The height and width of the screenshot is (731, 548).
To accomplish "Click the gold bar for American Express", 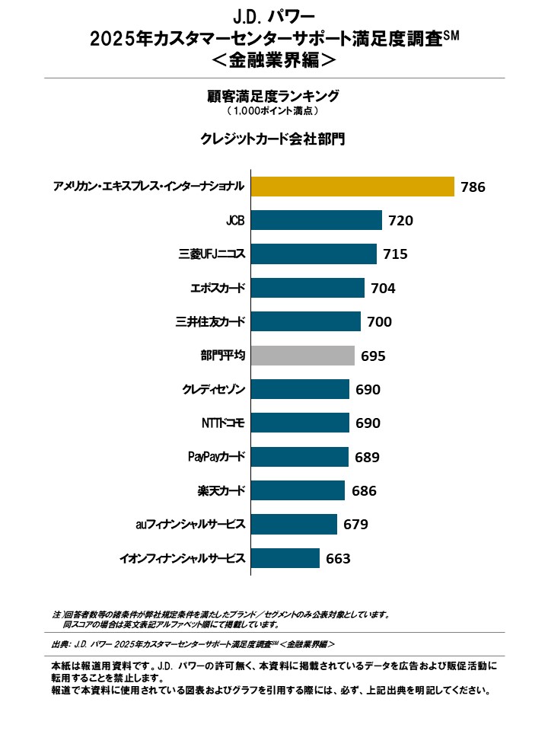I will point(352,187).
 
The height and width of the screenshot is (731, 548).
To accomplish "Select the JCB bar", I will point(316,221).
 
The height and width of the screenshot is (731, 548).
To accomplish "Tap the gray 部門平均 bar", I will point(302,356).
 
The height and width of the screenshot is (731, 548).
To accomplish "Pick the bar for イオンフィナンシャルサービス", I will point(285,558).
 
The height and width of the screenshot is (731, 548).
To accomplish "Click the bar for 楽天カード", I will point(298,490).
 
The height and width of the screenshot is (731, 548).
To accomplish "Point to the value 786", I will point(473,187).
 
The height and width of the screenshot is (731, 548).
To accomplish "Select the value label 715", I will point(395,254).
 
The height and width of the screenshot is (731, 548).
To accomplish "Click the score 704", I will point(383,289).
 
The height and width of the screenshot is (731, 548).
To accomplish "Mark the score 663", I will point(338,559).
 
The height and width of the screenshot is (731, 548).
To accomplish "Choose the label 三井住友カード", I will point(210,322).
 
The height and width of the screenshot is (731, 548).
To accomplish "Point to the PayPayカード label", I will point(216,457).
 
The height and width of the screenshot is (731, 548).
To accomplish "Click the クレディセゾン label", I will point(213,390).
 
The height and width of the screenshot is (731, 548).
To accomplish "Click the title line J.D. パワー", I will point(273,16).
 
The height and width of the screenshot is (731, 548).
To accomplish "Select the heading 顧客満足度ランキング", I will point(273,96).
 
